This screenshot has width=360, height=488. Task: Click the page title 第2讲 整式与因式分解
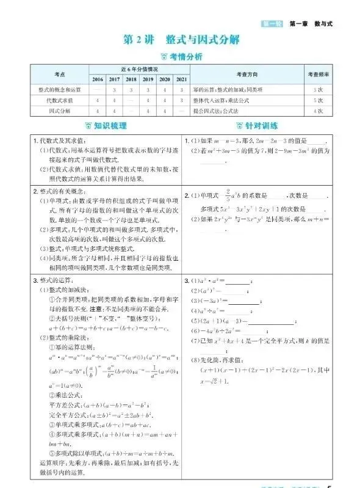point(181,40)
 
